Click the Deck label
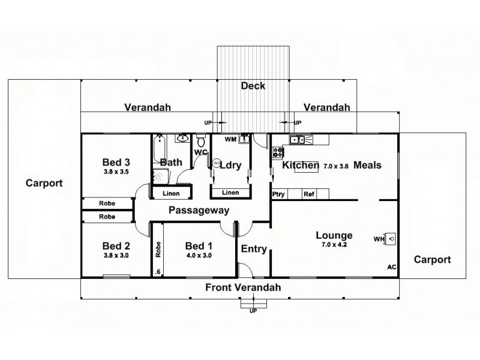click(x=253, y=86)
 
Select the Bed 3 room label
click(x=116, y=162)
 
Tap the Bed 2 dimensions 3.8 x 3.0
click(x=116, y=256)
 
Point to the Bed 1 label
click(x=199, y=245)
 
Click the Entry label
click(x=253, y=249)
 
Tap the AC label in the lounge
click(x=391, y=267)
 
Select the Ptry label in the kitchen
click(x=278, y=194)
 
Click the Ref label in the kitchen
click(x=309, y=194)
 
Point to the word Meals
click(x=367, y=165)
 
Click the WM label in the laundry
click(x=230, y=140)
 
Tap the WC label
click(x=200, y=152)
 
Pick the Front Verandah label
click(x=243, y=288)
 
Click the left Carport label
click(x=44, y=183)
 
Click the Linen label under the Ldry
click(x=230, y=193)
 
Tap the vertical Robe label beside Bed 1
click(x=158, y=249)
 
